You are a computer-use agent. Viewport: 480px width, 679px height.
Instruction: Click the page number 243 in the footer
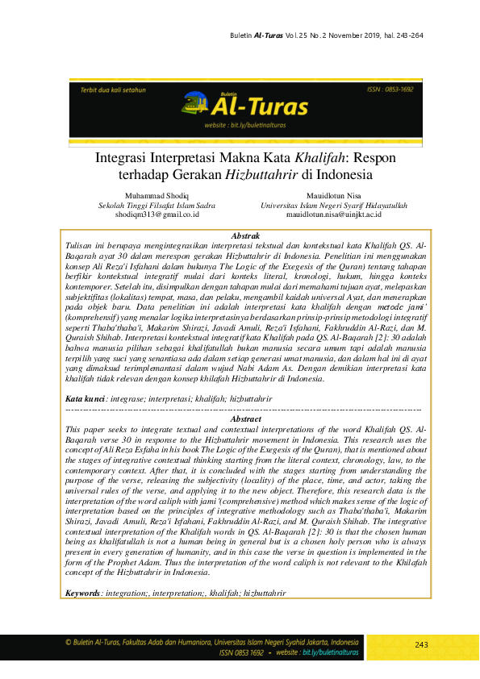pyautogui.click(x=421, y=645)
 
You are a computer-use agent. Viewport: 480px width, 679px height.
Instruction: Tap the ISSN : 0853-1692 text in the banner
pyautogui.click(x=390, y=90)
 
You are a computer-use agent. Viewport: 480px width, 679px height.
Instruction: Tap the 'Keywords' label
pyautogui.click(x=84, y=594)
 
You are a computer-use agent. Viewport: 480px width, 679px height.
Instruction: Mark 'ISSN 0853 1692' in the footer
pyautogui.click(x=241, y=652)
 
